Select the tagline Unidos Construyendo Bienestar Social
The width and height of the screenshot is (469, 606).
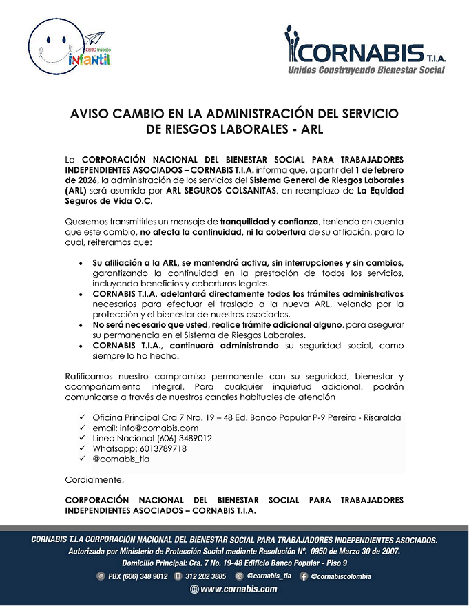coord(366,70)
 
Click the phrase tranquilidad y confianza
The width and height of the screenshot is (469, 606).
coord(269,222)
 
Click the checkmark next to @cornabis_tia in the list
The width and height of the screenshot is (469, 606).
coord(82,459)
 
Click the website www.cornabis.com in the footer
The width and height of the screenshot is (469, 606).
coord(239,589)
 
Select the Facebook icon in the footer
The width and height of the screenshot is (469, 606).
coord(304,576)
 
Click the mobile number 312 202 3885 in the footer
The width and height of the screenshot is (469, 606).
coord(205,576)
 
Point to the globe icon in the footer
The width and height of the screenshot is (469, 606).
coord(194,589)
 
